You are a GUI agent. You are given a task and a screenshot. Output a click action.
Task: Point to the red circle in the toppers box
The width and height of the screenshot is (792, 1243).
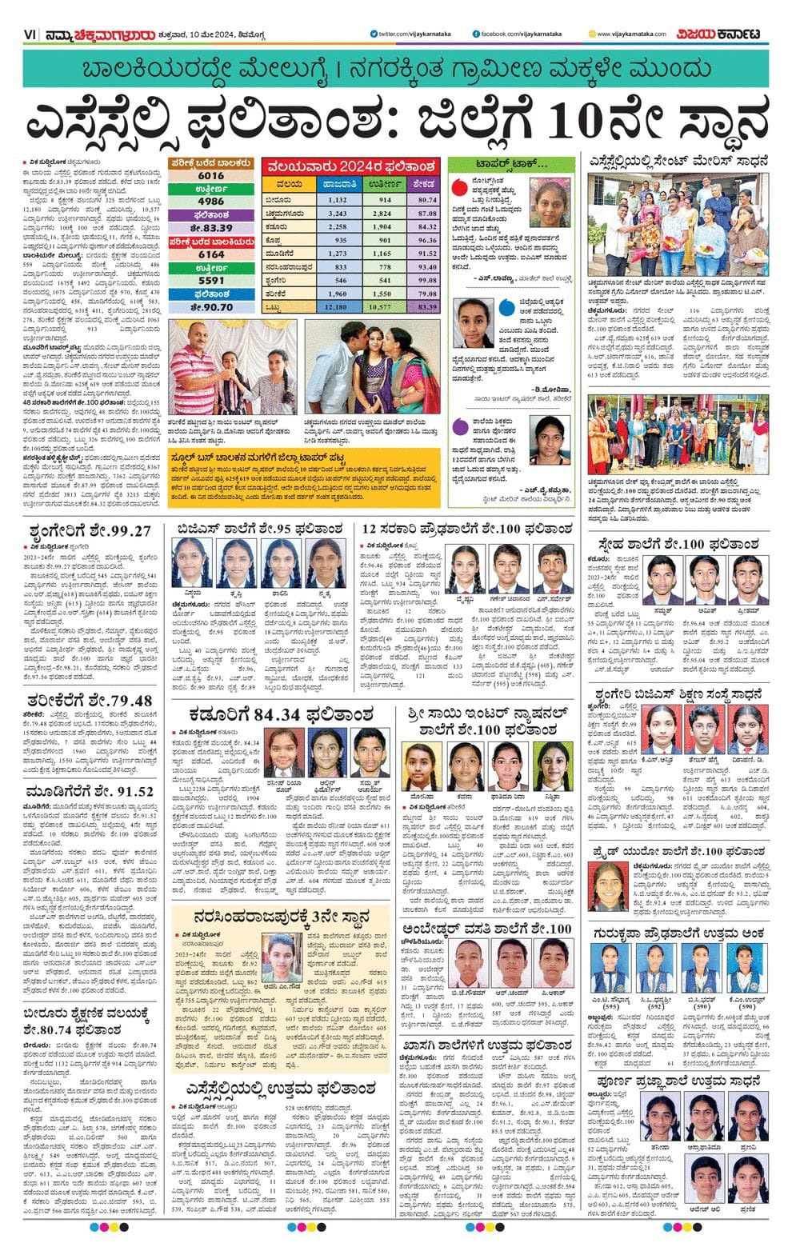459,190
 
